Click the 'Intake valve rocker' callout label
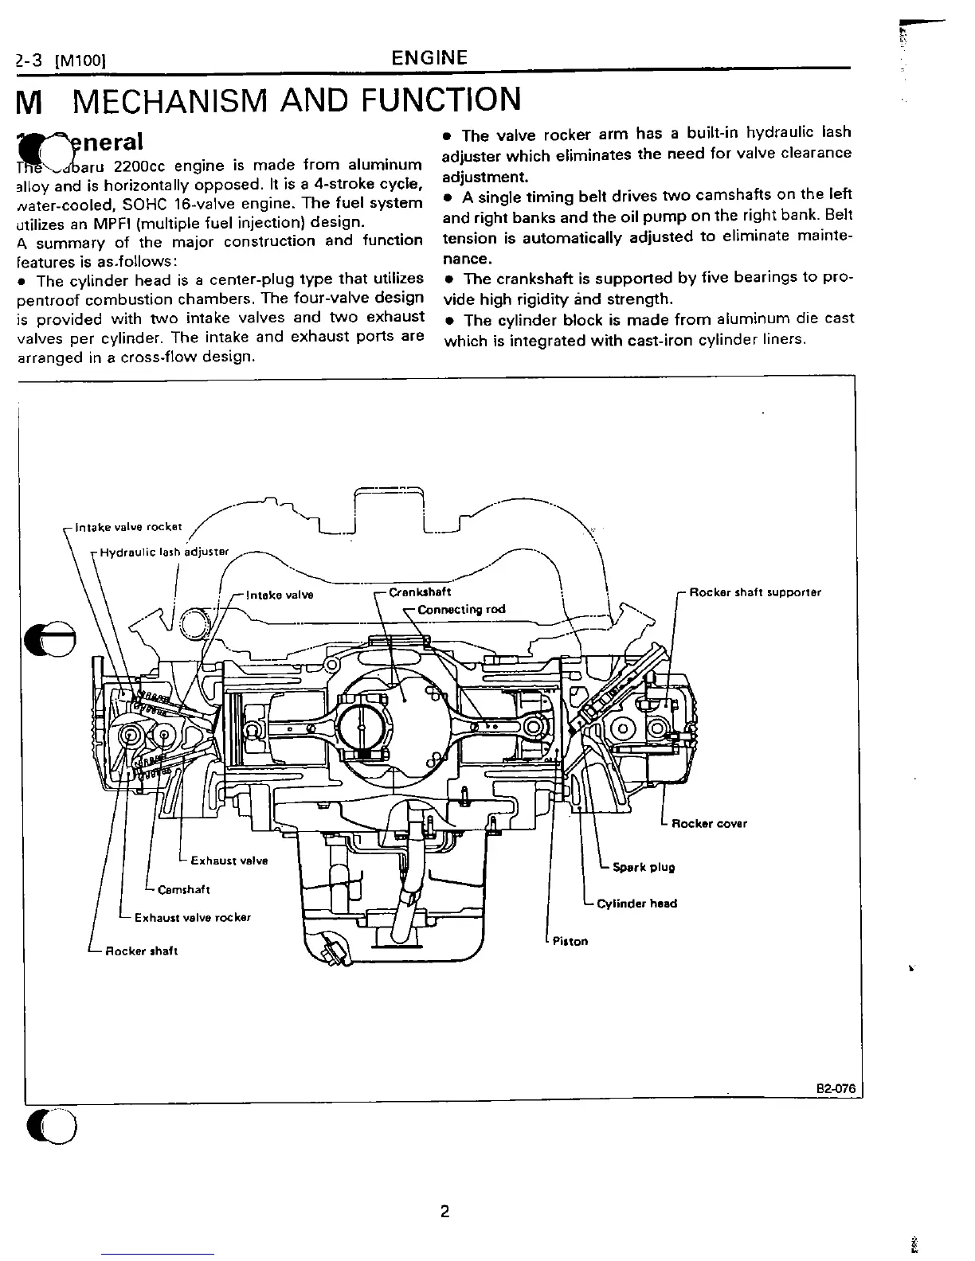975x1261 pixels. pyautogui.click(x=128, y=527)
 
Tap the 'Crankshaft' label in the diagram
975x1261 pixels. pyautogui.click(x=420, y=592)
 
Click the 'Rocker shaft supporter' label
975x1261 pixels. pyautogui.click(x=754, y=592)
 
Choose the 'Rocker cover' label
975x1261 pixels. pyautogui.click(x=709, y=824)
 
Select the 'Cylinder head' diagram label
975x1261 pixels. pyautogui.click(x=636, y=904)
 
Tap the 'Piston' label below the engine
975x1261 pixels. pyautogui.click(x=570, y=941)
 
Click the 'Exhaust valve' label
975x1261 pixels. pyautogui.click(x=229, y=860)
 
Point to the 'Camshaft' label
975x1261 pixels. pyautogui.click(x=184, y=889)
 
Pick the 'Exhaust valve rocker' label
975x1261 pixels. pyautogui.click(x=193, y=917)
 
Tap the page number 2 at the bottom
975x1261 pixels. pyautogui.click(x=444, y=1212)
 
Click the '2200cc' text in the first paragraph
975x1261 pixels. pyautogui.click(x=140, y=166)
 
